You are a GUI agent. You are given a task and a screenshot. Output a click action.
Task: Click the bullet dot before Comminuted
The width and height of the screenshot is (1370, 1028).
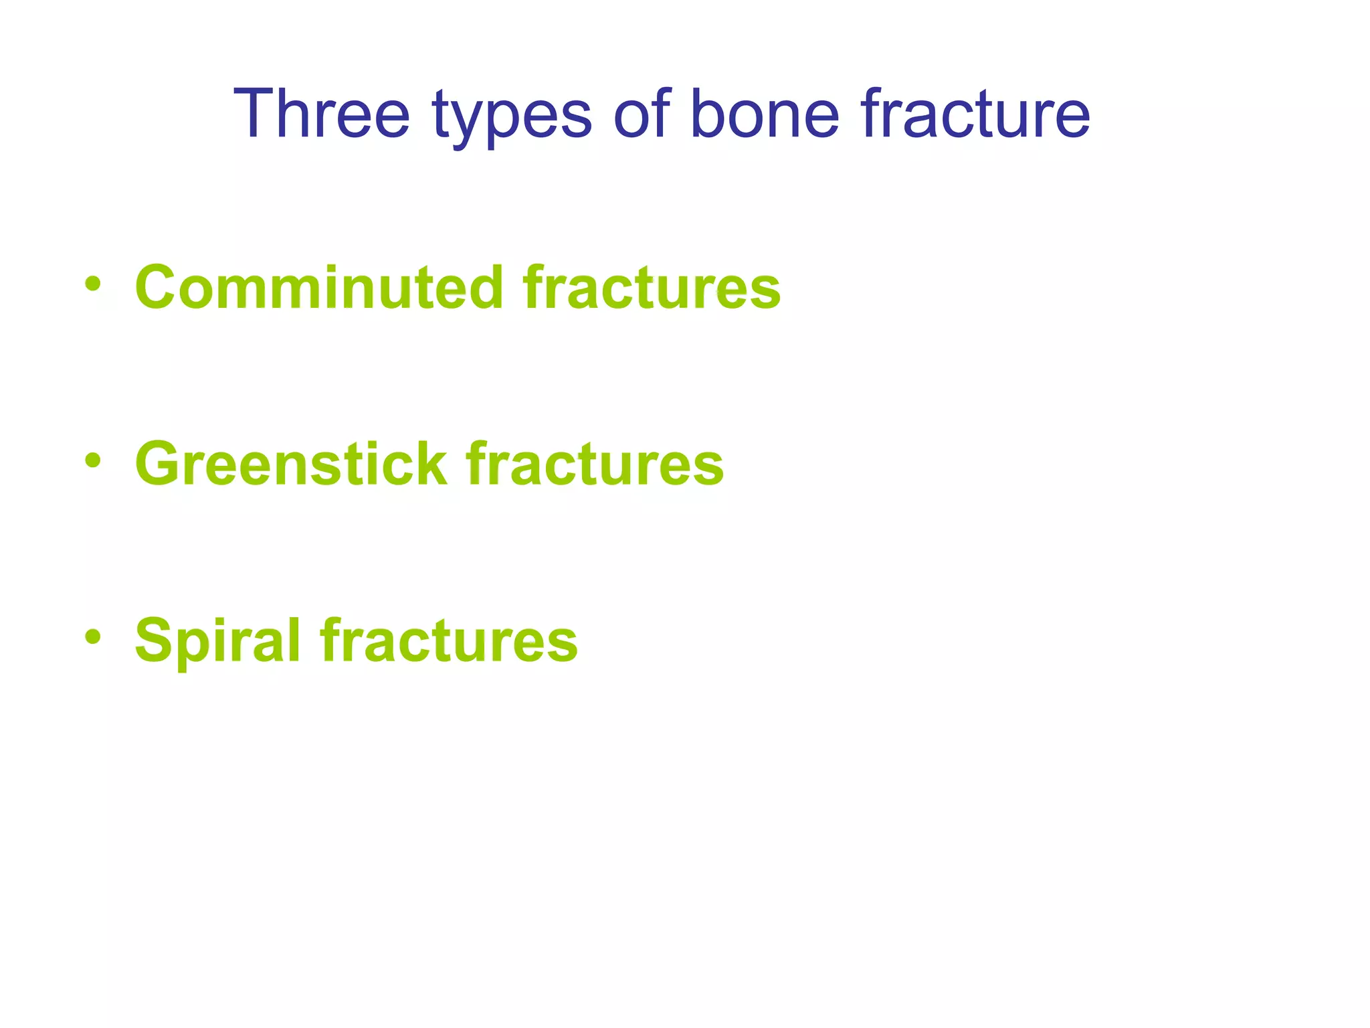[93, 283]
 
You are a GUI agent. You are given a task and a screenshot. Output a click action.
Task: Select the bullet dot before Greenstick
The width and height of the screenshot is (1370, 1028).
[93, 460]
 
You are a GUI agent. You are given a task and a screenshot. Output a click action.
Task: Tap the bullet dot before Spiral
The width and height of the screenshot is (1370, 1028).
[93, 636]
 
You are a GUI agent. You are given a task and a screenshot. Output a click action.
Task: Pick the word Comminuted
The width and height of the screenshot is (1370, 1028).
[319, 288]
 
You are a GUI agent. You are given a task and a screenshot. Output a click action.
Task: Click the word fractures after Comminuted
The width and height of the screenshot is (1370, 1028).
[652, 288]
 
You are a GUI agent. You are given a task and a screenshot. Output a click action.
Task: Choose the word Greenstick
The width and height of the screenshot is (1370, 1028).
[291, 464]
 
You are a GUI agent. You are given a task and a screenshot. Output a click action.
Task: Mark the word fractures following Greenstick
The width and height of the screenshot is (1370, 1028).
[595, 464]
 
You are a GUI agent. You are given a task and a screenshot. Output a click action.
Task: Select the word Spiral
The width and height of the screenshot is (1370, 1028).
[218, 641]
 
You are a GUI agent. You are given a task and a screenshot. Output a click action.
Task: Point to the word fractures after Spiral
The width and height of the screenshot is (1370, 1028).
[449, 641]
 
